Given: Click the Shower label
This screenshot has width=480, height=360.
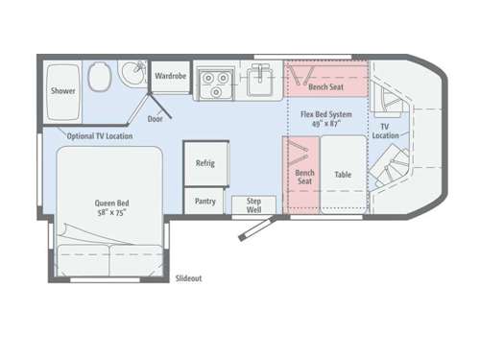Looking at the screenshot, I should (x=62, y=92).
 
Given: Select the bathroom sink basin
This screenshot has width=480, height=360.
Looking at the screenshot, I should (x=133, y=72).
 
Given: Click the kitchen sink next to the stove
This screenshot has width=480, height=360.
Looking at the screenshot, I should (x=259, y=82).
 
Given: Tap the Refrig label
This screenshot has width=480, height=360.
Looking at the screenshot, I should (x=204, y=162).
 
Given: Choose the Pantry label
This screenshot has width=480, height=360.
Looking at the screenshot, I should (x=204, y=201).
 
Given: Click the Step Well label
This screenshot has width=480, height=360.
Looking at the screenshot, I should (x=253, y=204).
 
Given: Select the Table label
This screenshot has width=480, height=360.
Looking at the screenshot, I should (x=343, y=175).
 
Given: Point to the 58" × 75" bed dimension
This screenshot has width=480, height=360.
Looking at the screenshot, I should (x=111, y=213).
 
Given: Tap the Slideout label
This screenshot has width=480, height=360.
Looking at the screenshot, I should (x=188, y=278).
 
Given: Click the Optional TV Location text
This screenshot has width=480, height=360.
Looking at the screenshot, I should (x=100, y=135).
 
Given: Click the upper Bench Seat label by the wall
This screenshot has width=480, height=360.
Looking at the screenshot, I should (x=326, y=86).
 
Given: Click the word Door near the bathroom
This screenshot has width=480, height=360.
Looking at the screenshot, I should (x=156, y=119).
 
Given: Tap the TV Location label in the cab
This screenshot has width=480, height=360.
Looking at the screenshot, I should (x=386, y=131).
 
